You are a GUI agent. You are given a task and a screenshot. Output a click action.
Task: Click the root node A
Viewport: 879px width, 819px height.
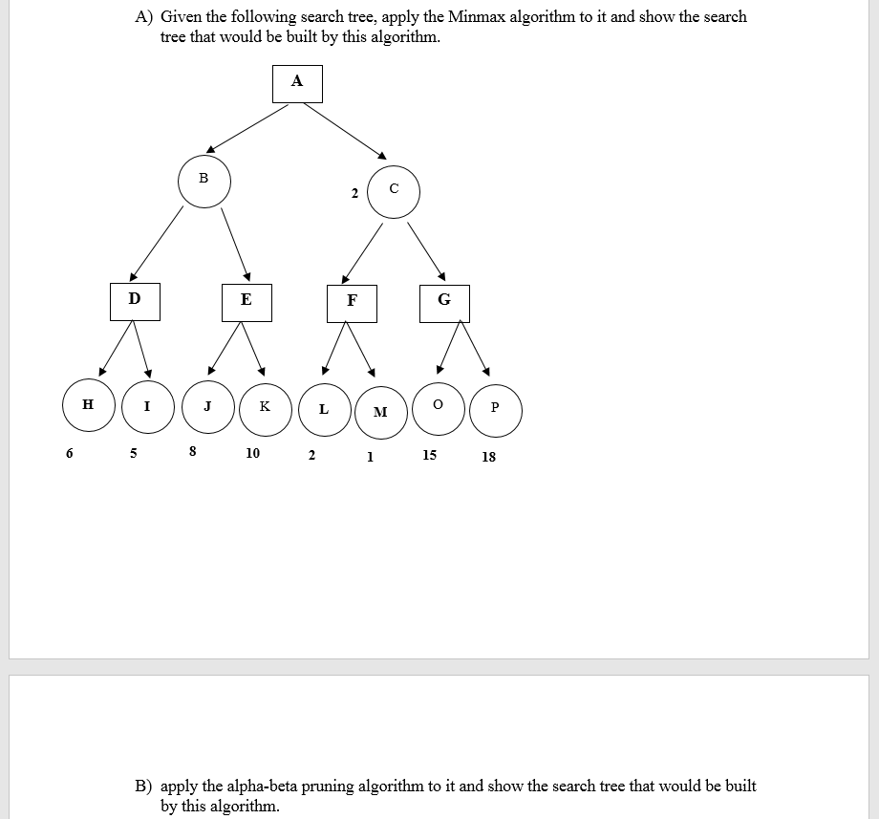[x=296, y=83]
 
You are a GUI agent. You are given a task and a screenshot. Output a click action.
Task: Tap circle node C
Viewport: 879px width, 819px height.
[x=394, y=192]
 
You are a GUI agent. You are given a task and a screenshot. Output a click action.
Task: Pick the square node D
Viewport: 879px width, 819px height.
[x=134, y=300]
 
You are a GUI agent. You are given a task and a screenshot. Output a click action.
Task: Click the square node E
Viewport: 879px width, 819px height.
[x=246, y=301]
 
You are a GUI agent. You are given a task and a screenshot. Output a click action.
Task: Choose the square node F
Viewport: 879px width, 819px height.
[x=352, y=301]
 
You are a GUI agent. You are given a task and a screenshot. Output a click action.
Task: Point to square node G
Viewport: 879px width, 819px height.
[x=444, y=301]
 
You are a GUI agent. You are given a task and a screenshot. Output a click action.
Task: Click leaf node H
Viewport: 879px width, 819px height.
[x=88, y=406]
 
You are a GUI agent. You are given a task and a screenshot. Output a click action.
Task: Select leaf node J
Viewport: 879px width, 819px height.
[x=207, y=407]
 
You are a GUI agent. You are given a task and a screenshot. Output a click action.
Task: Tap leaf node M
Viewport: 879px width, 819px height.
[x=380, y=412]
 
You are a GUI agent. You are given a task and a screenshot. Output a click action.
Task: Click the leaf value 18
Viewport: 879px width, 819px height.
[x=488, y=457]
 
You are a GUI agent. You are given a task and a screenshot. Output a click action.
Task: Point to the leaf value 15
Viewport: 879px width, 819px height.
[x=430, y=455]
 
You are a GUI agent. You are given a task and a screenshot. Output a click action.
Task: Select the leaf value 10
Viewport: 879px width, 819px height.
[x=252, y=454]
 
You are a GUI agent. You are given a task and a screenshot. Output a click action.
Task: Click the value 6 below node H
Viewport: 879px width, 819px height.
[x=69, y=454]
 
